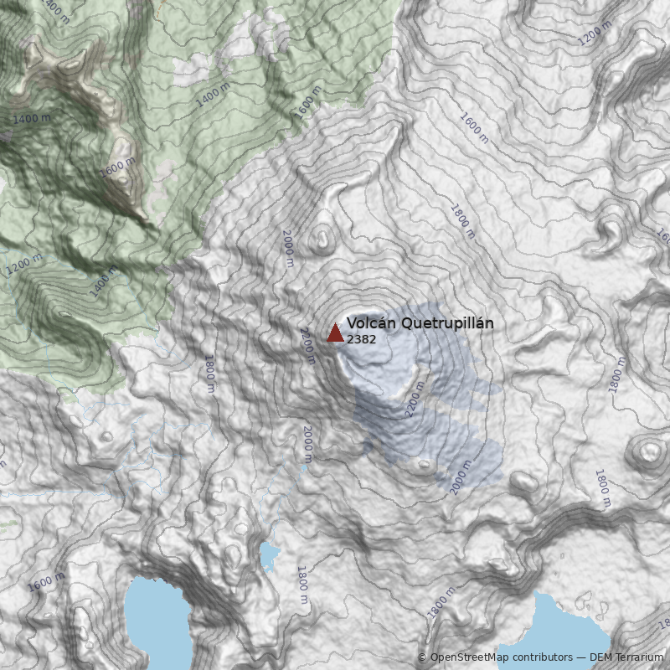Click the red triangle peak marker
coord(335,333)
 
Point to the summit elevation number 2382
coord(361,339)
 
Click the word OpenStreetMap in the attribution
coord(469,657)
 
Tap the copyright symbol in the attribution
coord(422,657)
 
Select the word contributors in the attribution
coord(539,657)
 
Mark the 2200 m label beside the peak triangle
coord(306,346)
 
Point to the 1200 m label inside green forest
coord(24,265)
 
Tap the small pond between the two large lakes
coord(269,554)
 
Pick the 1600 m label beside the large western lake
coord(46,580)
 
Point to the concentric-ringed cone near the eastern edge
coord(647,452)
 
